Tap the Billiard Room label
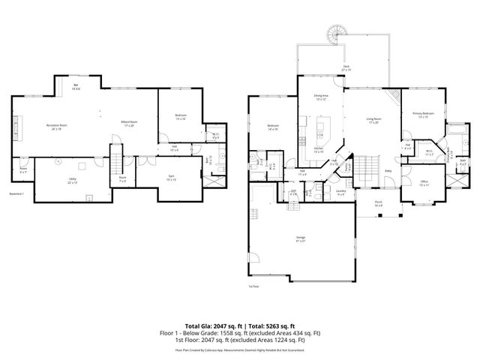coord(129,124)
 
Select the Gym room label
coord(171,175)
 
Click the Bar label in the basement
coord(76,87)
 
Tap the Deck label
coord(346,67)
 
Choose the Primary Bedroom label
coord(422,115)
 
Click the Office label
coord(424,182)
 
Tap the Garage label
coord(300,239)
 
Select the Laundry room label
coord(340,191)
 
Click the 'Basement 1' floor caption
coord(18,194)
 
